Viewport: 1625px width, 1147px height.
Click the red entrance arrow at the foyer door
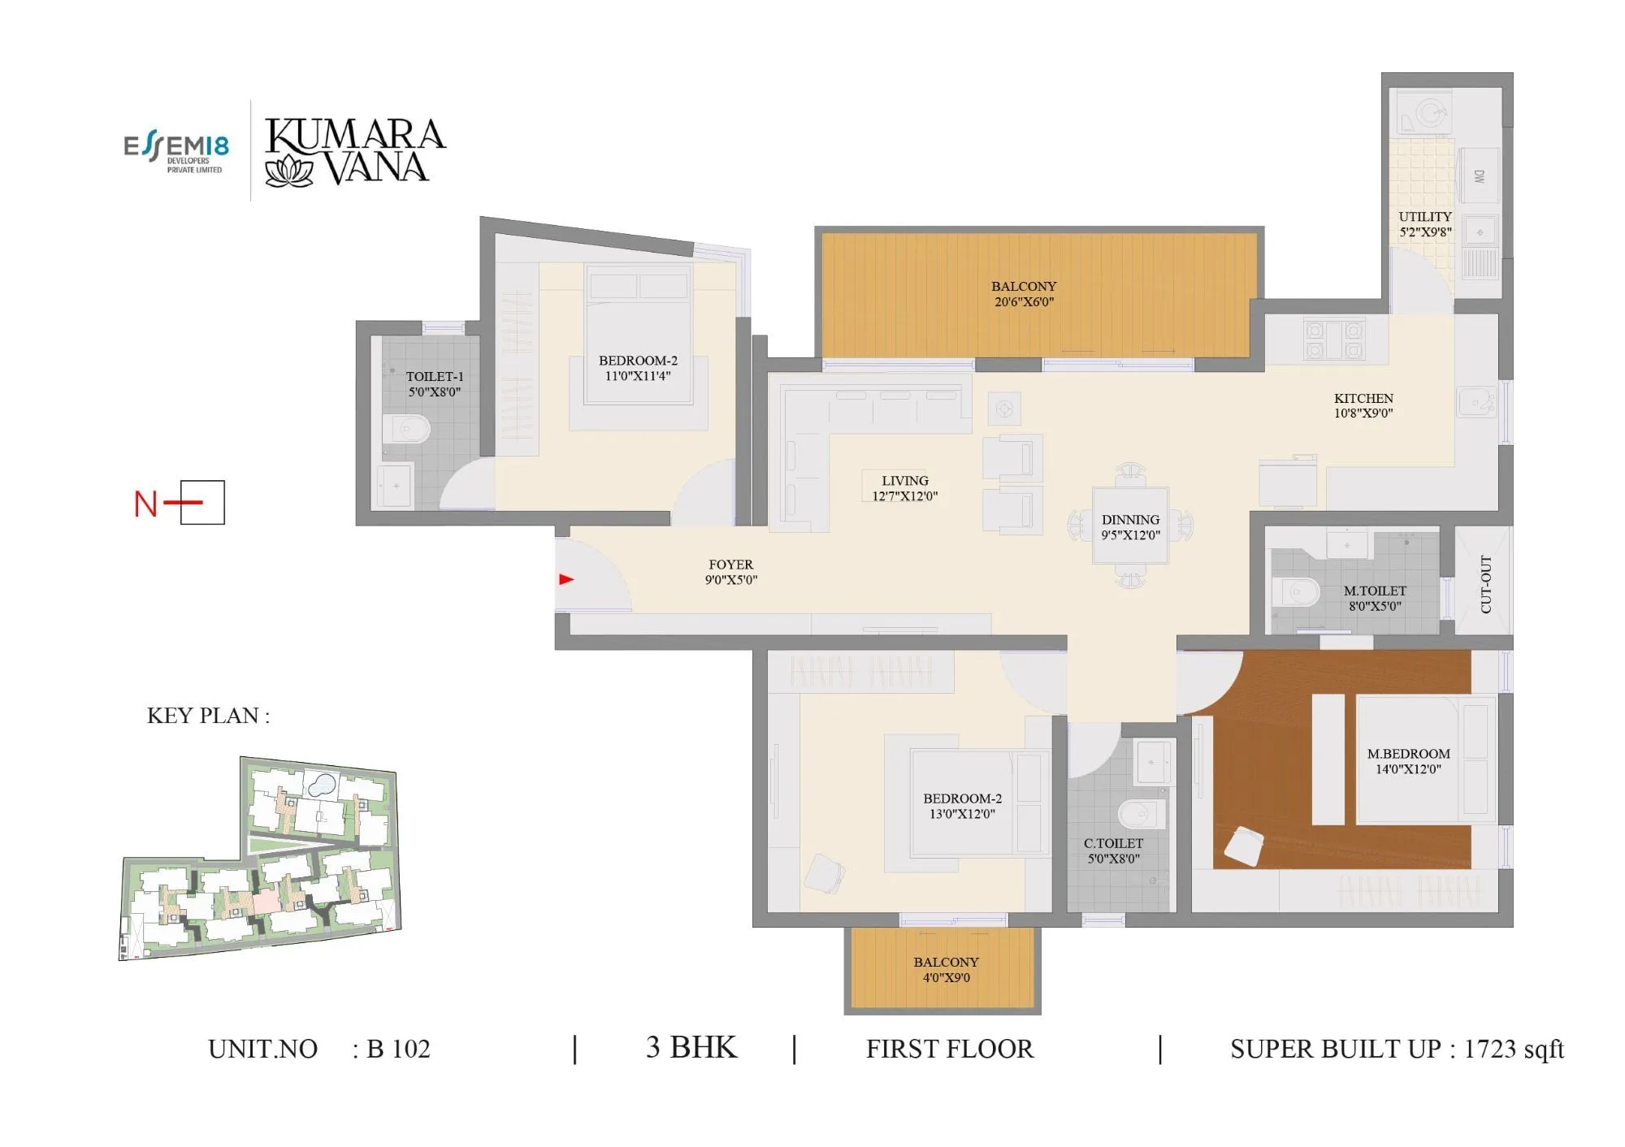click(566, 579)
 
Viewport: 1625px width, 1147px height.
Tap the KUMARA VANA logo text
click(355, 151)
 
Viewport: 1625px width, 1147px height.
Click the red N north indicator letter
click(145, 504)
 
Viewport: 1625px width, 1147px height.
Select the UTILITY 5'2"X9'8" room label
click(1425, 224)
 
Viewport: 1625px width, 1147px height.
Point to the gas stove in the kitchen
click(1333, 340)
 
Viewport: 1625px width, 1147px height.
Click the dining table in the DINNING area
click(1130, 526)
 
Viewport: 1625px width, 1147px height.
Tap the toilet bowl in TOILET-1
click(407, 428)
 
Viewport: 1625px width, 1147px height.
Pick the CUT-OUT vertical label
click(1486, 584)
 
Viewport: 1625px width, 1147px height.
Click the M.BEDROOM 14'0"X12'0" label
click(1408, 761)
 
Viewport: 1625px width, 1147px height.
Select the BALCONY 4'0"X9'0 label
click(946, 970)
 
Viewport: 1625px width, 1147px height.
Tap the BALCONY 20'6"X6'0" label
click(1024, 294)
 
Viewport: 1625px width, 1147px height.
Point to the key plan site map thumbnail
click(260, 859)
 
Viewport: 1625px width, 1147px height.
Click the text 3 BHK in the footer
click(691, 1048)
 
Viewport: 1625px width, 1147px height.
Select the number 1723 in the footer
click(1490, 1049)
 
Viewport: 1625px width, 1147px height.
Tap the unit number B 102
click(398, 1049)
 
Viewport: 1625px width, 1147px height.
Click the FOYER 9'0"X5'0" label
click(730, 572)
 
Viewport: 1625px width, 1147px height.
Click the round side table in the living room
click(1004, 408)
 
